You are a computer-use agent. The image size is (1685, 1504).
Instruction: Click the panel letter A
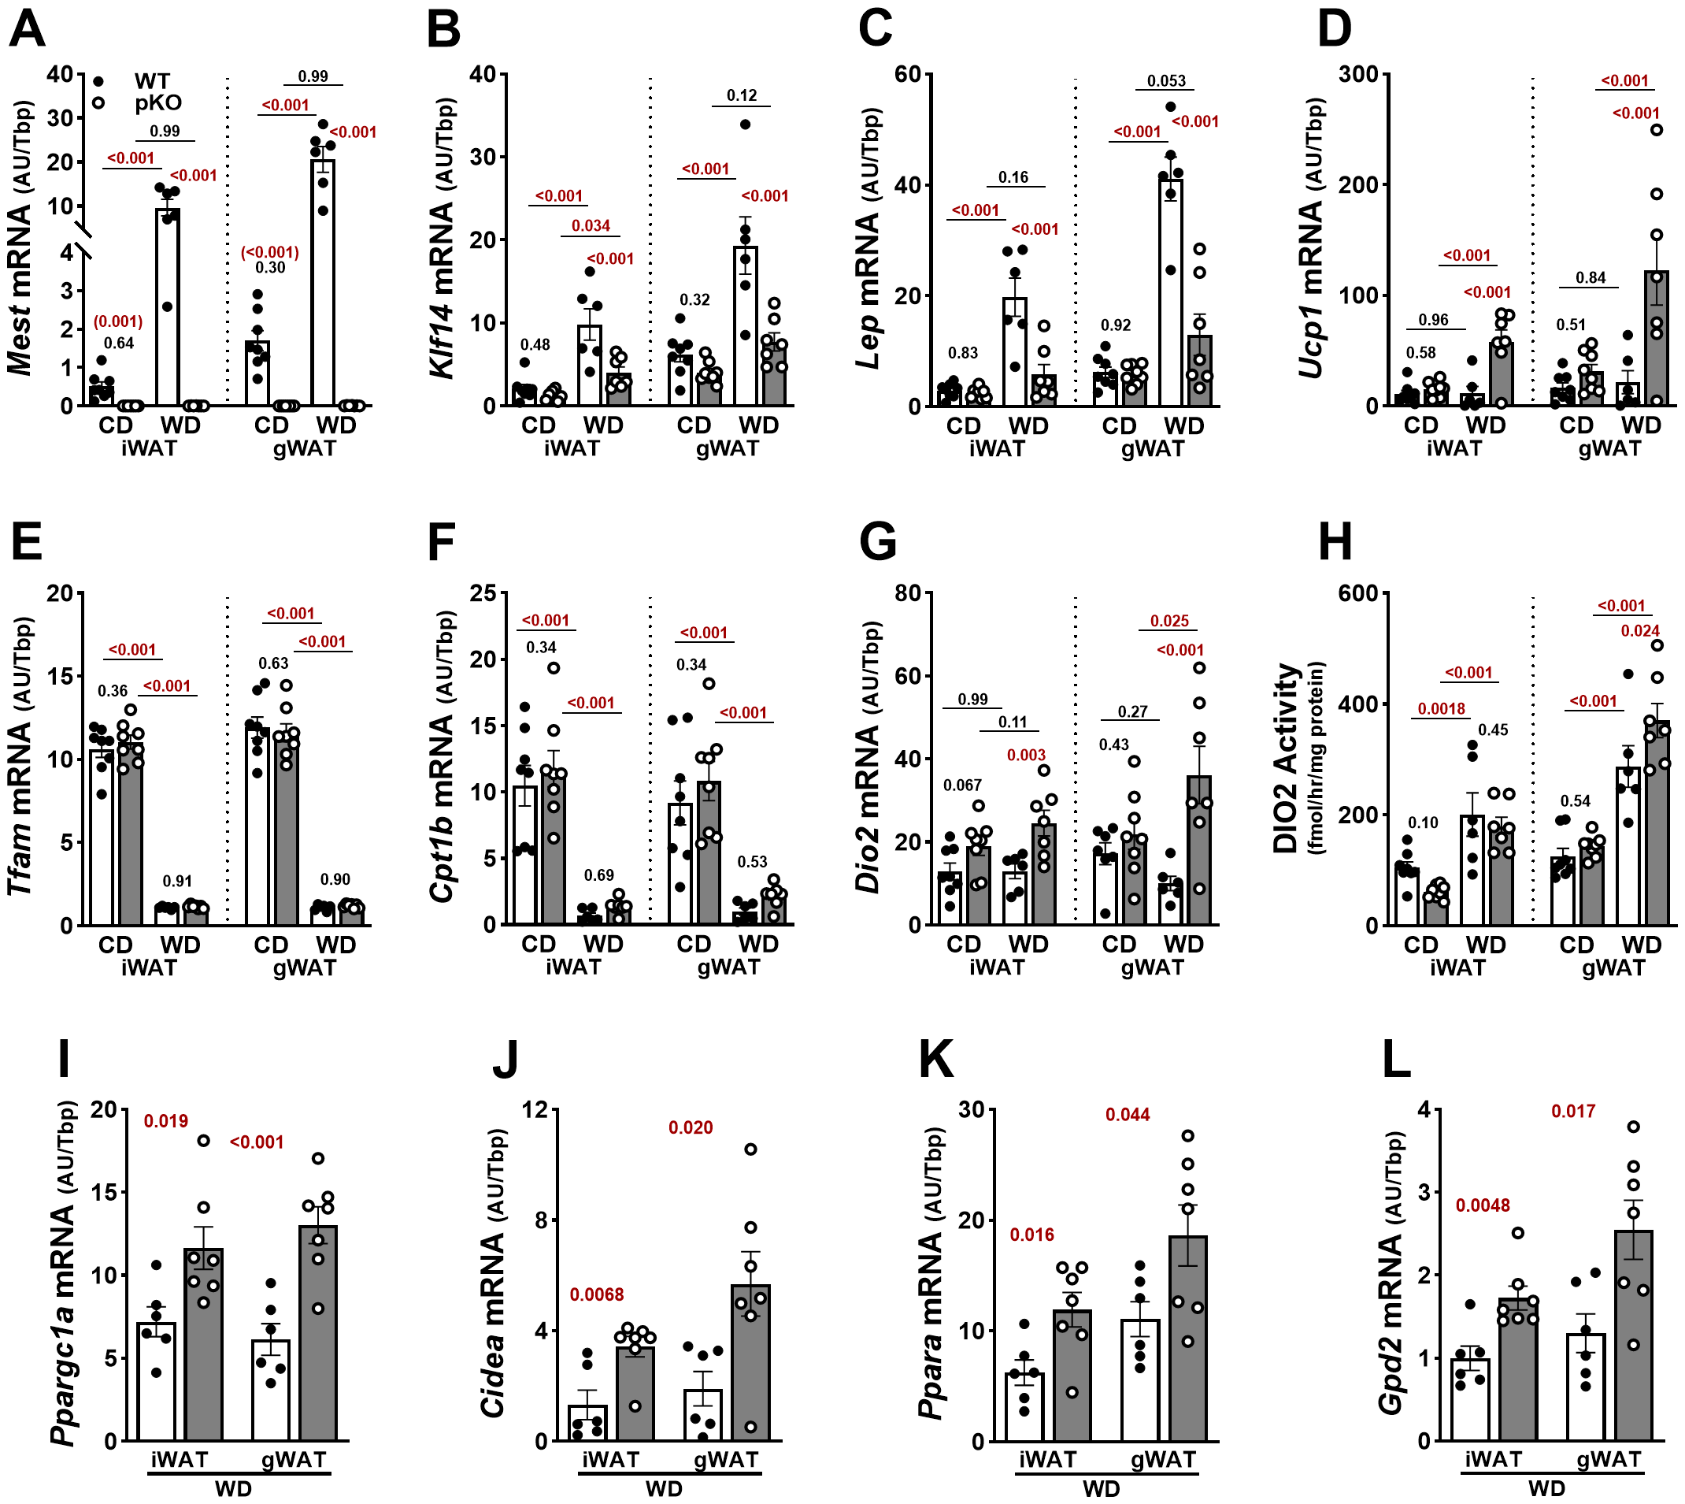[x=27, y=29]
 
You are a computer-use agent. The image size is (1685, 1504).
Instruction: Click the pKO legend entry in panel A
[x=157, y=103]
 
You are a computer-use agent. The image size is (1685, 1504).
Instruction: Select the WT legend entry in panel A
[x=152, y=81]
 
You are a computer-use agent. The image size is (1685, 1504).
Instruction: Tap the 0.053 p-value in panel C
[x=1166, y=81]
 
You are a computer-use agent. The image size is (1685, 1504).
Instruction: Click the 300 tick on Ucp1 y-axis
[x=1358, y=74]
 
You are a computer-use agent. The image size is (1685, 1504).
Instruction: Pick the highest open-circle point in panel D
[x=1656, y=130]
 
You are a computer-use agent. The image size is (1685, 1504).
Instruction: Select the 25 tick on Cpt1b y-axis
[x=483, y=593]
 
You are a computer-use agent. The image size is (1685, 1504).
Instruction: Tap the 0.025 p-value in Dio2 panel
[x=1169, y=621]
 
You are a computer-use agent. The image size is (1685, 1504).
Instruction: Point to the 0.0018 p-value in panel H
[x=1442, y=708]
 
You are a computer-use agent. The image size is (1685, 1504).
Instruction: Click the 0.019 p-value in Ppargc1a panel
[x=166, y=1121]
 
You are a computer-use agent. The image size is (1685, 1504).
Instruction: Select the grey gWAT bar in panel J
[x=750, y=1363]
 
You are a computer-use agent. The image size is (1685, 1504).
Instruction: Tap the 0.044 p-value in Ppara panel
[x=1128, y=1115]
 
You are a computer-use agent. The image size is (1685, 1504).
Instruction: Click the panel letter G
[x=877, y=544]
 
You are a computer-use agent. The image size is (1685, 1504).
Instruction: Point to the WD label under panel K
[x=1101, y=1489]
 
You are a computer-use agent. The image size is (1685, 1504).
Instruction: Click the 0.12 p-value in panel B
[x=742, y=96]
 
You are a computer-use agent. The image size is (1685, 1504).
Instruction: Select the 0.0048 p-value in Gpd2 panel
[x=1483, y=1205]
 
